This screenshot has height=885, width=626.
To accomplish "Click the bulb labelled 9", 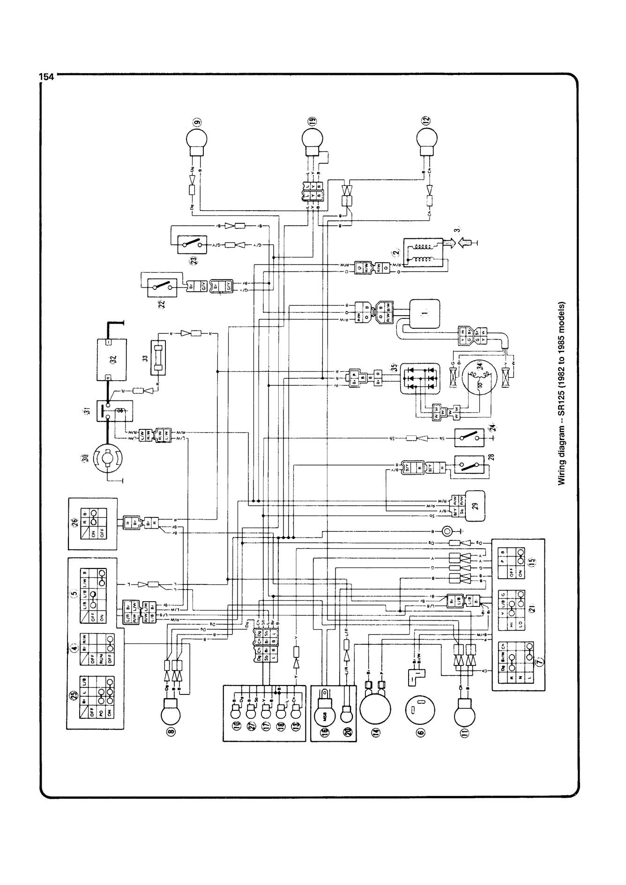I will [197, 139].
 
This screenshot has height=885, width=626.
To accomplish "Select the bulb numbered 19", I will [312, 139].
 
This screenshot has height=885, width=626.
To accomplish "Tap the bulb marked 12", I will [427, 139].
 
